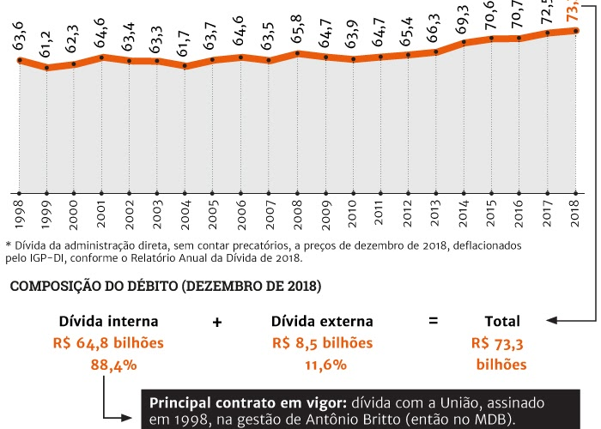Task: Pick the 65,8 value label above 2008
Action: pos(297,33)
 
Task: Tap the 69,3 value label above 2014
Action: pos(464,21)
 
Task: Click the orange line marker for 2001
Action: pos(102,57)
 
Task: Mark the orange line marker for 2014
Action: pos(464,42)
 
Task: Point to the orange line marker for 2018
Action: pos(575,31)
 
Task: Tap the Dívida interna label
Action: pos(108,322)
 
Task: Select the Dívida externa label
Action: pos(322,322)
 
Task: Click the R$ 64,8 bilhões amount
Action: pos(108,343)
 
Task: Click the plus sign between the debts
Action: pos(216,322)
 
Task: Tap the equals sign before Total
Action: pos(433,322)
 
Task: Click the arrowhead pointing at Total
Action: pos(549,322)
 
